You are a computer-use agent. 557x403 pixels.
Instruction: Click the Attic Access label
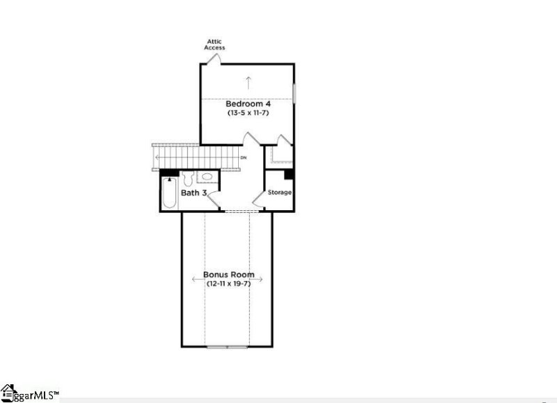click(214, 45)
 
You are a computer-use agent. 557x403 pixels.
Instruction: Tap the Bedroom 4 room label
click(247, 104)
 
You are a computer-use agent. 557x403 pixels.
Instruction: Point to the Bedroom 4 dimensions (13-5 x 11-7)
click(247, 112)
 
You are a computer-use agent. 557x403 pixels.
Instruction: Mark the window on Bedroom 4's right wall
click(295, 93)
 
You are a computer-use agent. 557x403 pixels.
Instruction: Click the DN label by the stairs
click(243, 158)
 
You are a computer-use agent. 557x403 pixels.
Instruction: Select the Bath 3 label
click(194, 192)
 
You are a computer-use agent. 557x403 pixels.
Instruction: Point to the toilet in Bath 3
click(187, 177)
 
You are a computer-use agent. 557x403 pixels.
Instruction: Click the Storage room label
click(280, 192)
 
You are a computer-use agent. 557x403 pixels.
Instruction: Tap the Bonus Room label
click(228, 274)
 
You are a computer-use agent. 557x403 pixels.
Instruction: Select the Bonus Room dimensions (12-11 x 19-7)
click(228, 283)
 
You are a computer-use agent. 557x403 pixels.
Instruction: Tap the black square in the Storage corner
click(289, 174)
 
